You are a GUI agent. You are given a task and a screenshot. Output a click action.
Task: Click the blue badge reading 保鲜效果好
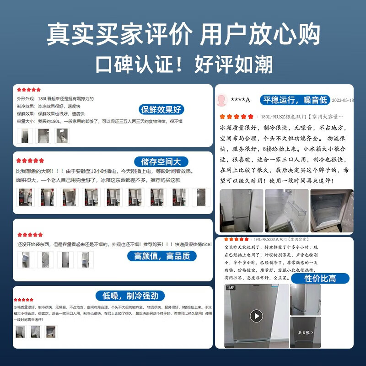pos(161,109)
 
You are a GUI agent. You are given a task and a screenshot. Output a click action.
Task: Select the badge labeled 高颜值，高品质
pos(162,256)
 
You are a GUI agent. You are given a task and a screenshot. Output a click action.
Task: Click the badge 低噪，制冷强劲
pos(130,296)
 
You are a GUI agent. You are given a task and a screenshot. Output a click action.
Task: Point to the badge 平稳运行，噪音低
pos(295,100)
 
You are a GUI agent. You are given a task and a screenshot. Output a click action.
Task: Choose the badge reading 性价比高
pos(320,278)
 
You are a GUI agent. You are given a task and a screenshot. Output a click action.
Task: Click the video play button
pos(256,316)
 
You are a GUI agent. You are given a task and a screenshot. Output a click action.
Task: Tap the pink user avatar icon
pos(222,100)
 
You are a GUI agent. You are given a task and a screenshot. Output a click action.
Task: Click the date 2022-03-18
pos(342,100)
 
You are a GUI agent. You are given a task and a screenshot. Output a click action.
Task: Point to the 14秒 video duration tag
pos(230,288)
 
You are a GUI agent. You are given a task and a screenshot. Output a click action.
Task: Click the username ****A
pos(240,100)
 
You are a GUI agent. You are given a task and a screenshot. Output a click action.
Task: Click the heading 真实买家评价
pos(121,35)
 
